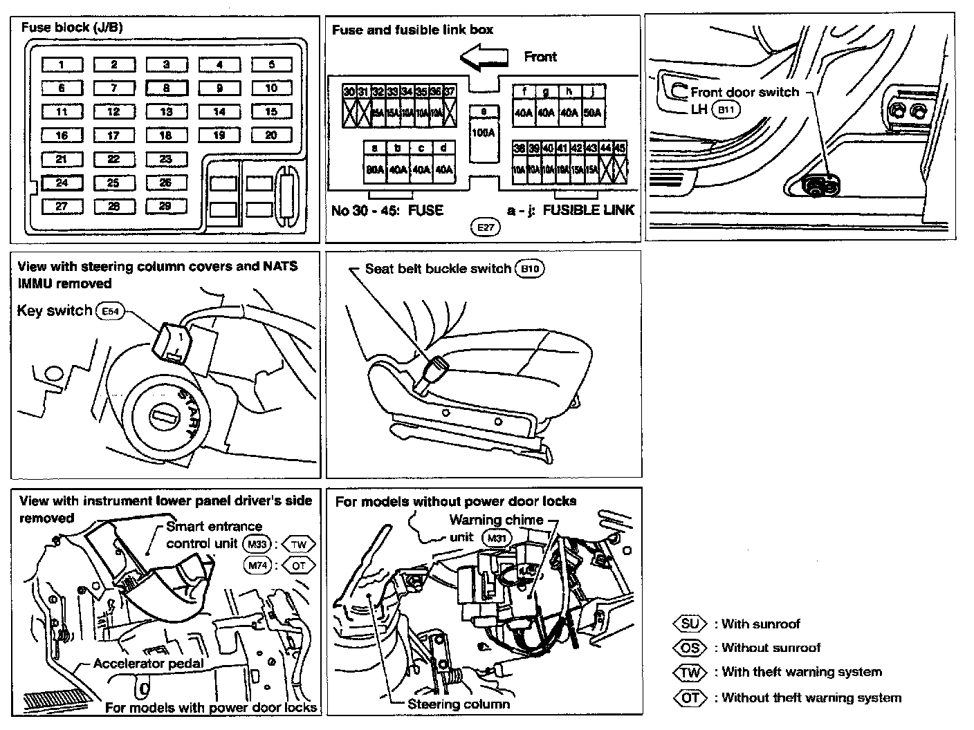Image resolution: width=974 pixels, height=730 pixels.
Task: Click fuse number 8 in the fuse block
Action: click(x=167, y=88)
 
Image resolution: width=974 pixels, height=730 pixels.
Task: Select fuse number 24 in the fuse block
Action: click(x=62, y=183)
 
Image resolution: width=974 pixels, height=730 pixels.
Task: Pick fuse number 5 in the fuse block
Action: click(x=271, y=64)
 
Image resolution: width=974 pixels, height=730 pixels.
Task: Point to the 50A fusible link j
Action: click(x=592, y=113)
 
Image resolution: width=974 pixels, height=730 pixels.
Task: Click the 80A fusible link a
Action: click(x=375, y=169)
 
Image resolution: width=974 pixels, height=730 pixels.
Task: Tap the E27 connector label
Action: click(x=484, y=227)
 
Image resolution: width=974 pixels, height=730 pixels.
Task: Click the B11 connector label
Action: click(x=726, y=110)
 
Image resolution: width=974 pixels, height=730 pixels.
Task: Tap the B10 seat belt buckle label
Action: click(x=529, y=269)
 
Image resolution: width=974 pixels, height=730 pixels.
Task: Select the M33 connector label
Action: click(x=258, y=544)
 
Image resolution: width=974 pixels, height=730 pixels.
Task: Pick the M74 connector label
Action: click(x=258, y=565)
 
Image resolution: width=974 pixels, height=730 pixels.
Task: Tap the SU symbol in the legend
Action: click(x=690, y=624)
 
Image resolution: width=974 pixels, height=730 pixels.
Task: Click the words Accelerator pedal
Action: click(x=149, y=664)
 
